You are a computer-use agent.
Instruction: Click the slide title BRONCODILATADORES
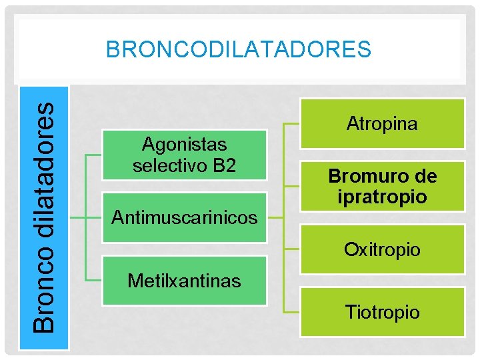pos(239,49)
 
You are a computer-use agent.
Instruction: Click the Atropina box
pos(382,123)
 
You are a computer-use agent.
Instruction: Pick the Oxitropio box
pos(382,250)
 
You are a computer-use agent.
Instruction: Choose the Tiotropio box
pos(382,311)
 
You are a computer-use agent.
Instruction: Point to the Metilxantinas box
pos(184,281)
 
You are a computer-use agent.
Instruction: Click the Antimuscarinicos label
pos(184,217)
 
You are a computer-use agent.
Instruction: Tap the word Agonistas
pos(185,144)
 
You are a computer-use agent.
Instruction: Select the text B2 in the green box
pos(223,165)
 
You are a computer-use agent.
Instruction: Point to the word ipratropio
pos(382,197)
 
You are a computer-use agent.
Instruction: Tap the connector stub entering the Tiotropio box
pos(292,312)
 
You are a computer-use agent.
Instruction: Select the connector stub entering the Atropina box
pos(292,124)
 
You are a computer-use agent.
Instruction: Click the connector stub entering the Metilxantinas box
pos(95,281)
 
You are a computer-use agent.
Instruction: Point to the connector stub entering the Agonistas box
pos(95,155)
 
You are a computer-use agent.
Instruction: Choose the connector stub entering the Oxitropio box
pos(292,249)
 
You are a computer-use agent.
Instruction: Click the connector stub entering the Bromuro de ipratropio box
pos(292,187)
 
